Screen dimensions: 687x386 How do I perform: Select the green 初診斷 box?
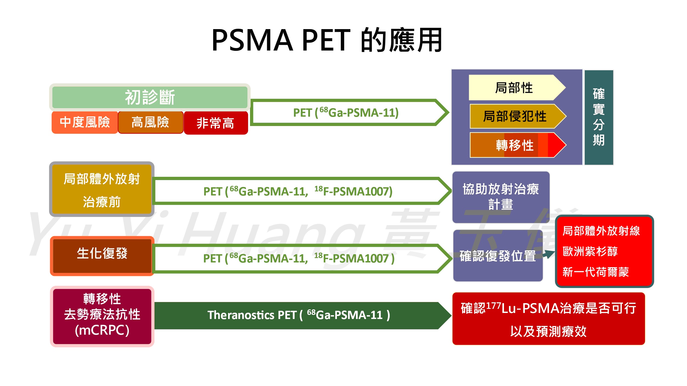tap(150, 97)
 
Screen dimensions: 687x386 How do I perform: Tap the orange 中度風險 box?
tap(85, 122)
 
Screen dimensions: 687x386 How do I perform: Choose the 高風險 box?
tap(151, 122)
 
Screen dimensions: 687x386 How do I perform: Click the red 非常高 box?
tap(216, 123)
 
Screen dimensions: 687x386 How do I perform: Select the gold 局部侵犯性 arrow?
tap(518, 116)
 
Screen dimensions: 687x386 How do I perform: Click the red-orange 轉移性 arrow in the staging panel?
tap(518, 145)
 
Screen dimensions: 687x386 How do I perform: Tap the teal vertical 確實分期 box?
tap(599, 117)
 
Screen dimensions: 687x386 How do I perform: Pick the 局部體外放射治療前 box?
tap(102, 189)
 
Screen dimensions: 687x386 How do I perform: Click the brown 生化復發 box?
tap(102, 256)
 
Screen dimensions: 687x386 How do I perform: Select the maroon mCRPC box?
tap(102, 316)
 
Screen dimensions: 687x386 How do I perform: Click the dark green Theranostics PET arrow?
tap(302, 315)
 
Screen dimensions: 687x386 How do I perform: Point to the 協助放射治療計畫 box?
tap(501, 197)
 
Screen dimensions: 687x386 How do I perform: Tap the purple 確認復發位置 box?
tap(498, 256)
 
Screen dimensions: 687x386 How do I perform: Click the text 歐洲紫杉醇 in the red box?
tap(590, 251)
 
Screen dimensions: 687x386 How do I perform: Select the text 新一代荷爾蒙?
tap(595, 272)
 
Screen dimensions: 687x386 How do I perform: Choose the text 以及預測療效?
tap(548, 331)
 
